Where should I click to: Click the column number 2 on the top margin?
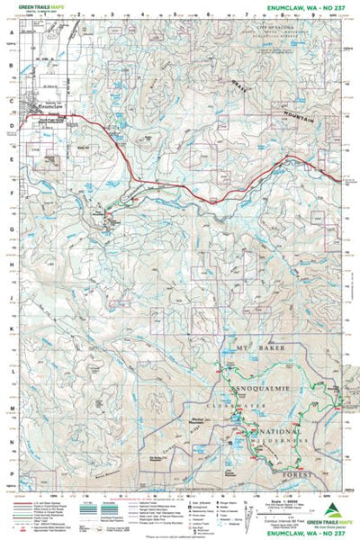coord(79,15)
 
